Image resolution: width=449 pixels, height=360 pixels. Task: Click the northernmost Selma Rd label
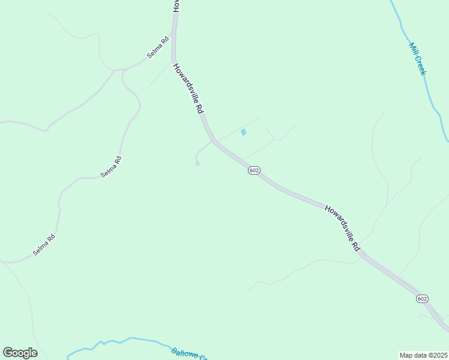157,48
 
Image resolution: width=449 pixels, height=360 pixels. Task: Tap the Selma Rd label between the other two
111,166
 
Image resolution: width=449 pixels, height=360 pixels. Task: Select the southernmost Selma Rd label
44,245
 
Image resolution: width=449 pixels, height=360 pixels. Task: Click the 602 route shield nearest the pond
254,170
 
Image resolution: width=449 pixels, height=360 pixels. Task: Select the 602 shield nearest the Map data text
422,299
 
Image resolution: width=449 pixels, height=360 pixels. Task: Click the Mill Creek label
418,58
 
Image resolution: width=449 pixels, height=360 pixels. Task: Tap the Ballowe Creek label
189,355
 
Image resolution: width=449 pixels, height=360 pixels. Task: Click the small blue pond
243,132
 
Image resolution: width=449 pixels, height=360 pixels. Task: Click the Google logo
20,353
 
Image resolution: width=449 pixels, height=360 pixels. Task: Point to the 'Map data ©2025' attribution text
424,355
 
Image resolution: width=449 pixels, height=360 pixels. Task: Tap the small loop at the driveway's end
197,163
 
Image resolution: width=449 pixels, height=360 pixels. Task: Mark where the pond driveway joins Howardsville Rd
212,142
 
